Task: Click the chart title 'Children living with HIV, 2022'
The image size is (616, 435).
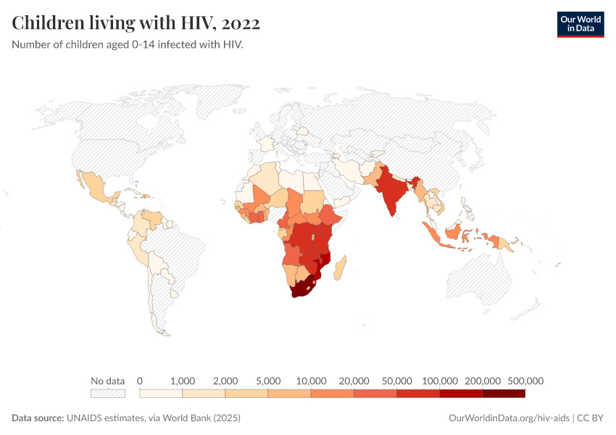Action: pyautogui.click(x=136, y=23)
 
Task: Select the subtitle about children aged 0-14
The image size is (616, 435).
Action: pyautogui.click(x=128, y=45)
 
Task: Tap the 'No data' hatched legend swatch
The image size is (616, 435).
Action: pyautogui.click(x=108, y=394)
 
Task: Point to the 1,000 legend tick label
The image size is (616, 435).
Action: pyautogui.click(x=183, y=381)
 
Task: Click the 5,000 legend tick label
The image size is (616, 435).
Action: pyautogui.click(x=268, y=381)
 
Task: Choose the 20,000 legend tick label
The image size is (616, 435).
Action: pyautogui.click(x=354, y=381)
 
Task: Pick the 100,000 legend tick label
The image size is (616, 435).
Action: pyautogui.click(x=439, y=381)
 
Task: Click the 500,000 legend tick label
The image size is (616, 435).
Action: pyautogui.click(x=525, y=381)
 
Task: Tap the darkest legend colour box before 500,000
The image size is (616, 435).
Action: pyautogui.click(x=504, y=394)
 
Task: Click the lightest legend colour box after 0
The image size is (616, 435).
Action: pyautogui.click(x=161, y=394)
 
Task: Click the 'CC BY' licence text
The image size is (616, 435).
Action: pyautogui.click(x=591, y=418)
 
